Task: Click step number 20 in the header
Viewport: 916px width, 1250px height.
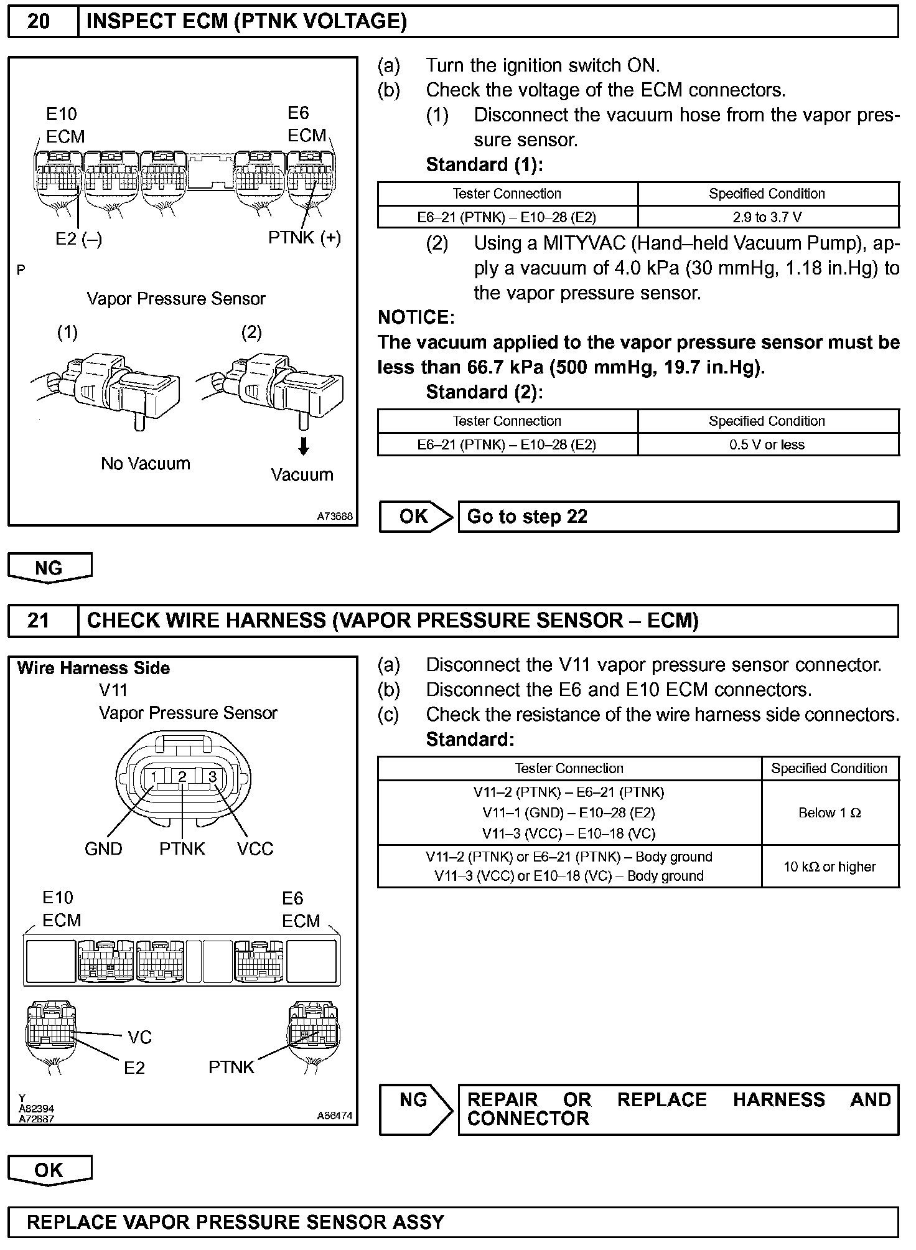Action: (x=39, y=22)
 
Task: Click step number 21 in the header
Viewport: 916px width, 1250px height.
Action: (x=39, y=621)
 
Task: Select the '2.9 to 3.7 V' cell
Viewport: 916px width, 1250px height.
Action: (x=767, y=217)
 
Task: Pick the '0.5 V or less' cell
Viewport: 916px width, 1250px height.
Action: (x=767, y=444)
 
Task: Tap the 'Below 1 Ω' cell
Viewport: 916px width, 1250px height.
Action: (x=830, y=813)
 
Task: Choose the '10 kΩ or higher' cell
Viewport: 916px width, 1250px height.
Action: (x=830, y=867)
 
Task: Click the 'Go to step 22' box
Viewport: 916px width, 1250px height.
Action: (x=678, y=517)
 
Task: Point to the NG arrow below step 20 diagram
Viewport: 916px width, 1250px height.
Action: (x=49, y=568)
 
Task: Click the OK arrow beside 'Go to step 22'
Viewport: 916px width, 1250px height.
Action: (x=415, y=517)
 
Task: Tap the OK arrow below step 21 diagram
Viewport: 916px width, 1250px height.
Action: (x=49, y=1170)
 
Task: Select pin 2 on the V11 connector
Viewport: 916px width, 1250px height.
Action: (x=182, y=776)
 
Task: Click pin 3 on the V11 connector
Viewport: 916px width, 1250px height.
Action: (x=212, y=776)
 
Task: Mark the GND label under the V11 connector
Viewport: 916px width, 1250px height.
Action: (x=103, y=849)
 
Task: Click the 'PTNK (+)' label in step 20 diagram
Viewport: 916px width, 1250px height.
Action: (x=304, y=238)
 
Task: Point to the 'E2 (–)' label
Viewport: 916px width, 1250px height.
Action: (x=79, y=239)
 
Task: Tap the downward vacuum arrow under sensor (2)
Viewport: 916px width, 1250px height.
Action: (x=304, y=446)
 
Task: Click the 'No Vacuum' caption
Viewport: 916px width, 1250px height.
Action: (x=146, y=464)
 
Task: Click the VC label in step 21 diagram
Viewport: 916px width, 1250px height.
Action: (x=140, y=1037)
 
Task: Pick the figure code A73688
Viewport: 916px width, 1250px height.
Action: (x=335, y=516)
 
